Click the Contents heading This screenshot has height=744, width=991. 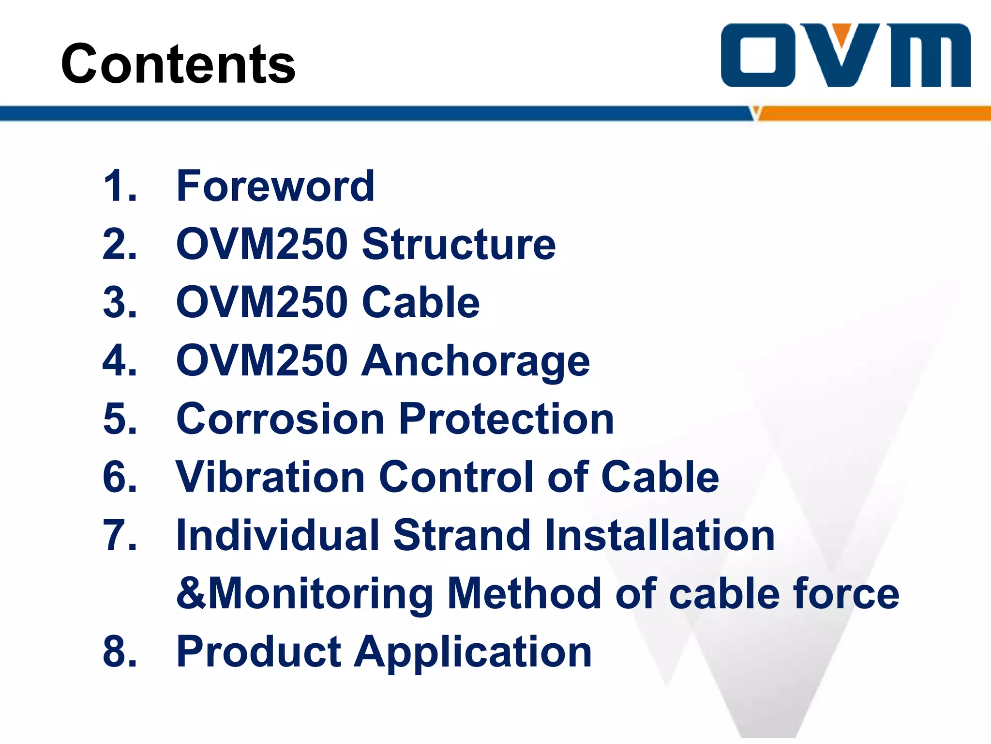pyautogui.click(x=178, y=63)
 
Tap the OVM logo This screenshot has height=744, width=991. pyautogui.click(x=845, y=55)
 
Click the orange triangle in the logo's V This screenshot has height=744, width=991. pyautogui.click(x=842, y=34)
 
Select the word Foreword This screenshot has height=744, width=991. pyautogui.click(x=275, y=186)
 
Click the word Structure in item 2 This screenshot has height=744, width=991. pyautogui.click(x=459, y=244)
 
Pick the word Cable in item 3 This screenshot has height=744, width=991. pyautogui.click(x=420, y=302)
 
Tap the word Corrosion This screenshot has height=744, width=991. pyautogui.click(x=281, y=419)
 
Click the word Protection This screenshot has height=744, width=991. pyautogui.click(x=507, y=419)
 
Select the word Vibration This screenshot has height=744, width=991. pyautogui.click(x=270, y=477)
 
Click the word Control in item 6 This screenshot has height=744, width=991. pyautogui.click(x=458, y=477)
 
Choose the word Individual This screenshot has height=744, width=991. pyautogui.click(x=278, y=535)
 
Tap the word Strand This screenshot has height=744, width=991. pyautogui.click(x=462, y=535)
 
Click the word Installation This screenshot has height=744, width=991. pyautogui.click(x=660, y=535)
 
